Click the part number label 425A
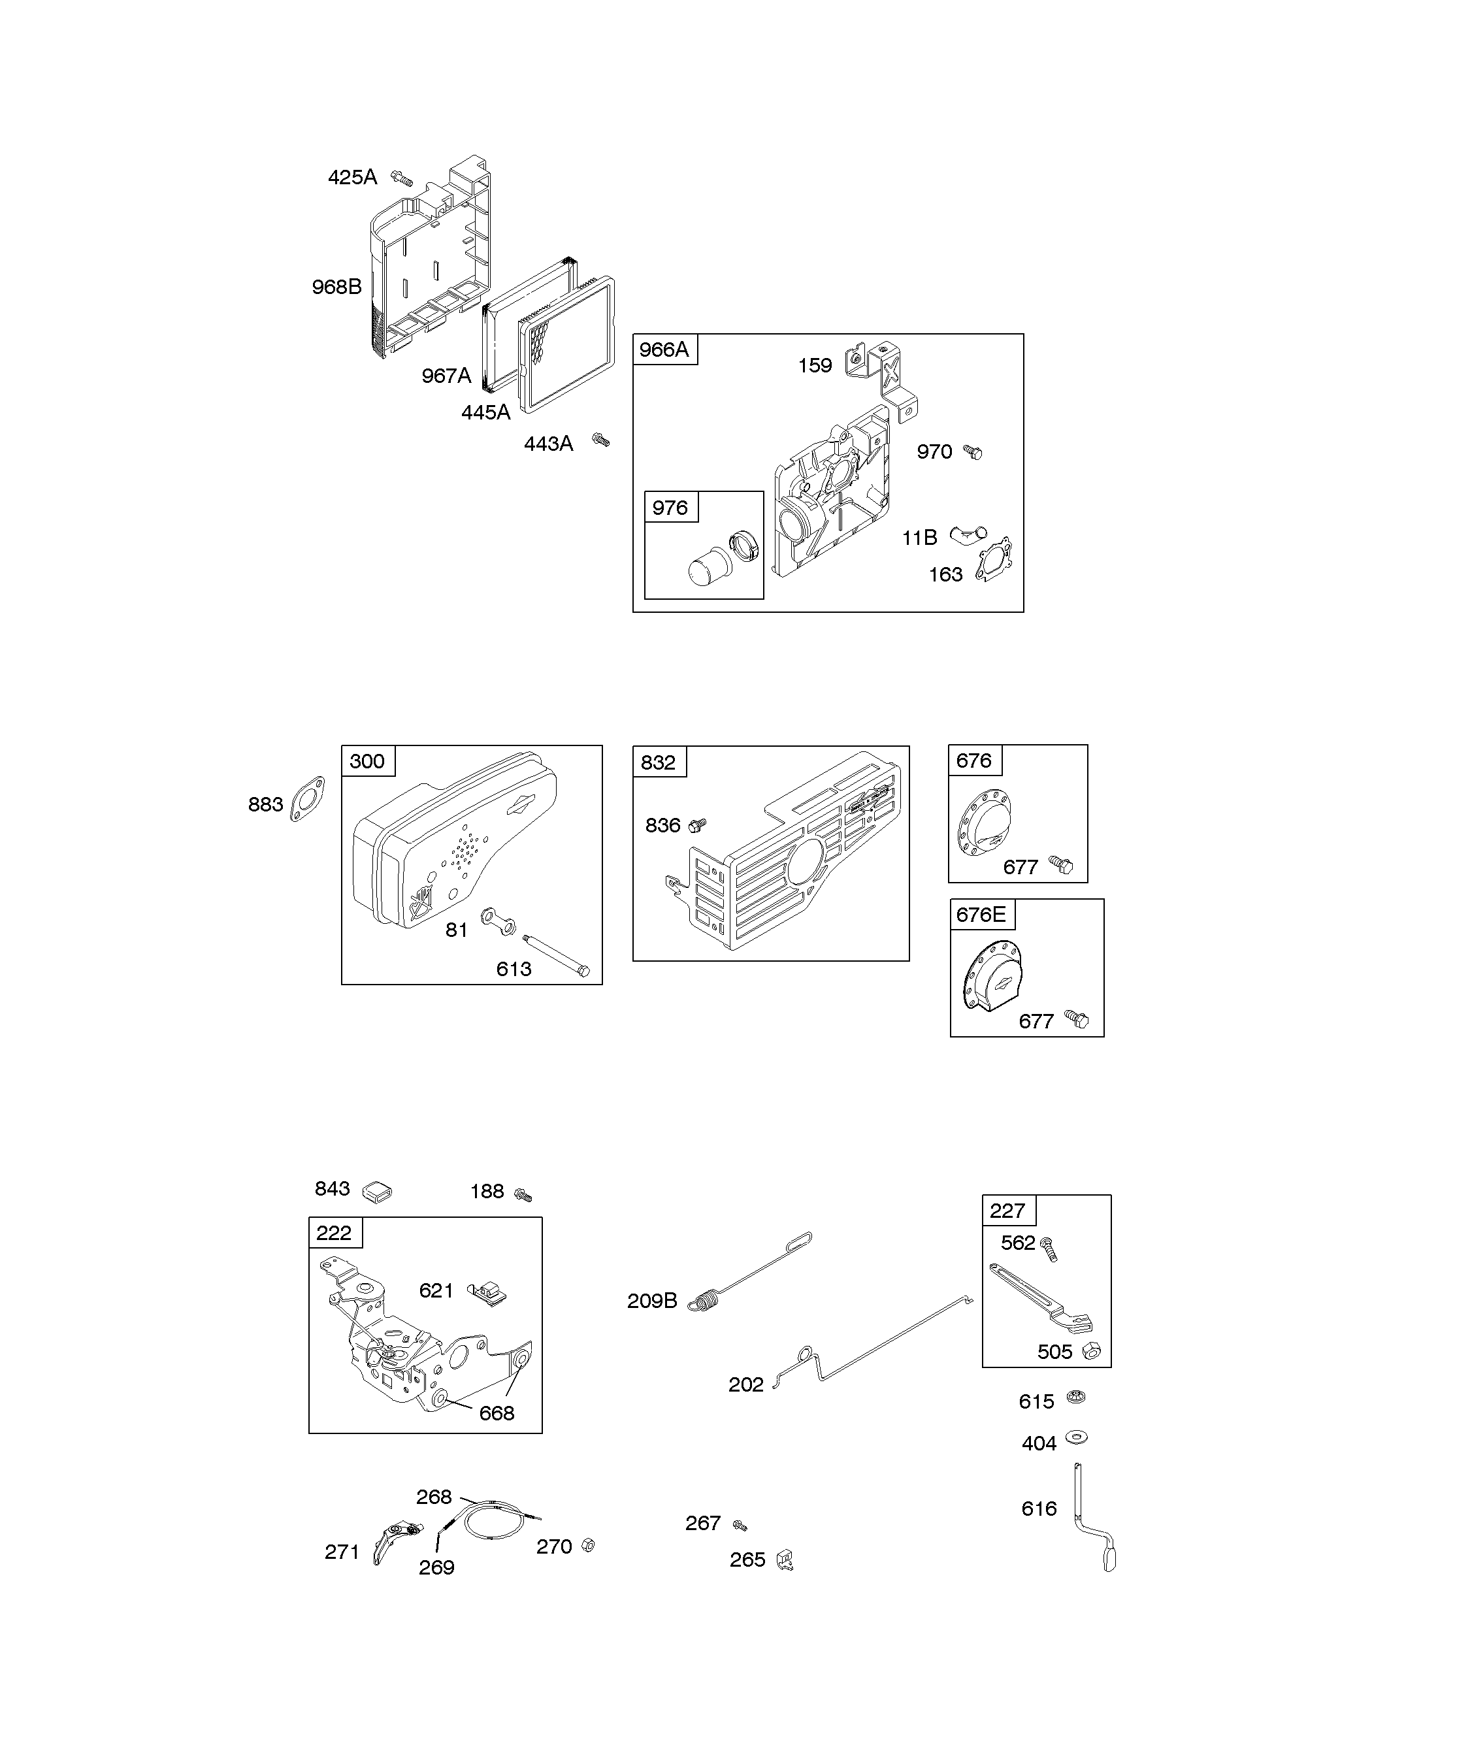[x=352, y=177]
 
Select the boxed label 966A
[x=664, y=350]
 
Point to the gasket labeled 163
[x=994, y=559]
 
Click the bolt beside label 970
[x=973, y=452]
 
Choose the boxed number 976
[x=670, y=508]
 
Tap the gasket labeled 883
[x=308, y=799]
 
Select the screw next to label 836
[x=696, y=825]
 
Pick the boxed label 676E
[x=981, y=914]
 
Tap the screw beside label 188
[x=523, y=1193]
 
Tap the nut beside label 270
[x=588, y=1546]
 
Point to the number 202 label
[x=746, y=1384]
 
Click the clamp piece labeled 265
[x=785, y=1560]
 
